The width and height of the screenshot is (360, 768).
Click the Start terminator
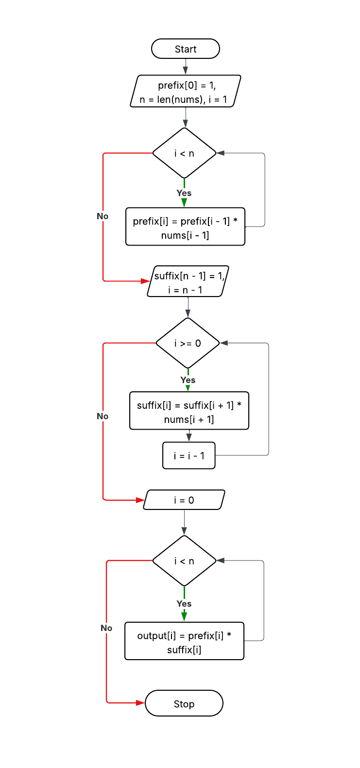(x=185, y=49)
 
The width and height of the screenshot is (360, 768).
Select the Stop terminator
(x=184, y=703)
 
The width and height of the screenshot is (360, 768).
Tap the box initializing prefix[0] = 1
(x=185, y=91)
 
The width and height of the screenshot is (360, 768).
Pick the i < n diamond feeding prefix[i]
(x=184, y=153)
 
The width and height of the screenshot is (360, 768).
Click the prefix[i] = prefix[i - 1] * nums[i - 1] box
(x=185, y=227)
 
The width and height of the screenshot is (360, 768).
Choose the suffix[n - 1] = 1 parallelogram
(x=188, y=281)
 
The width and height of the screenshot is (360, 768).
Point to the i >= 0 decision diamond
(x=188, y=343)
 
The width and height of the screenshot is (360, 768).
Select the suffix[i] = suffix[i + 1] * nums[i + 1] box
(x=189, y=411)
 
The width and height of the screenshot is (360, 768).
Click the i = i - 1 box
(x=189, y=455)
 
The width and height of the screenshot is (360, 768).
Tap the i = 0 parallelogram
(x=184, y=500)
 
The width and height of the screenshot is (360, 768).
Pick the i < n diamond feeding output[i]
(x=184, y=561)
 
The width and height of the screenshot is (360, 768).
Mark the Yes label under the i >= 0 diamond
(x=188, y=380)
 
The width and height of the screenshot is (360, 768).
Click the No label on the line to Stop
(x=106, y=628)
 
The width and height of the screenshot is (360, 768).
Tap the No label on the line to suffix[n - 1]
(x=103, y=216)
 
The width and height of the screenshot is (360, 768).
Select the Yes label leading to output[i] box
(x=184, y=604)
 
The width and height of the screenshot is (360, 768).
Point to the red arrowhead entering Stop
(x=140, y=703)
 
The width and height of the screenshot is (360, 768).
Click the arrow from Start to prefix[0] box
(x=185, y=67)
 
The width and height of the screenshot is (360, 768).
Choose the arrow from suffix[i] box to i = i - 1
(x=189, y=436)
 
